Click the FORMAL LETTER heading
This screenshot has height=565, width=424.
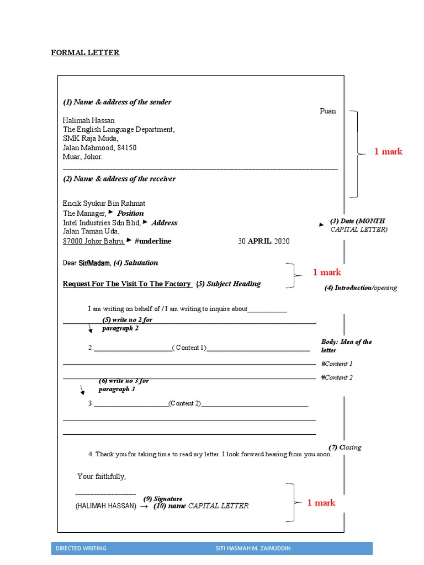point(85,53)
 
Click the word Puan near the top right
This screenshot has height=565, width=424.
point(327,111)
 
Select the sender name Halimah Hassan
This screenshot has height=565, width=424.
point(89,120)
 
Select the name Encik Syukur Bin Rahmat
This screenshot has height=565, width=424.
point(104,204)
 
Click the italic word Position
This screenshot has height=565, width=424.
point(130,214)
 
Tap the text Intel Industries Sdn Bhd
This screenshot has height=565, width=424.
point(102,223)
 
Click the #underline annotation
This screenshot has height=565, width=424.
point(153,241)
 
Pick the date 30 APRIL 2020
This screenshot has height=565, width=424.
point(263,241)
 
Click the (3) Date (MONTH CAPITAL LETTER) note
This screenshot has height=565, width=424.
point(358,225)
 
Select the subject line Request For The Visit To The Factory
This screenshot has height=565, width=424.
point(127,284)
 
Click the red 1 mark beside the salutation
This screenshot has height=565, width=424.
point(327,272)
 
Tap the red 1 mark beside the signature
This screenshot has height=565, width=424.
point(321,503)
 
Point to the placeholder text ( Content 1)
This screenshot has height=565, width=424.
point(189,348)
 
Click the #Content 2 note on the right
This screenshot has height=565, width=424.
point(337,377)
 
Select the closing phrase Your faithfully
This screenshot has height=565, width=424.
point(102,476)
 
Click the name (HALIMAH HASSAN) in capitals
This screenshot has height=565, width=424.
point(106,506)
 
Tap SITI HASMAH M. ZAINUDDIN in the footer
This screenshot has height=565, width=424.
point(253,548)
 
